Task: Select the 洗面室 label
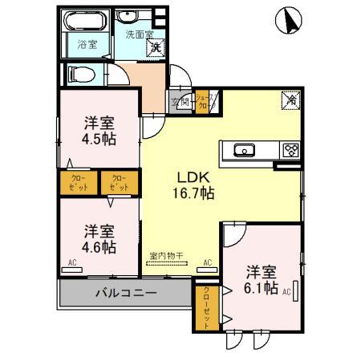coord(139,34)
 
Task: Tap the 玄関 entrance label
coord(180,102)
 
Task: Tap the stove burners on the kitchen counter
coord(290,149)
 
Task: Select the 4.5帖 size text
coord(100,139)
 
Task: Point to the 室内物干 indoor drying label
coord(167,256)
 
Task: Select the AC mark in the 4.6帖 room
coord(71,262)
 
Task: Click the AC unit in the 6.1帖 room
coord(295,291)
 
